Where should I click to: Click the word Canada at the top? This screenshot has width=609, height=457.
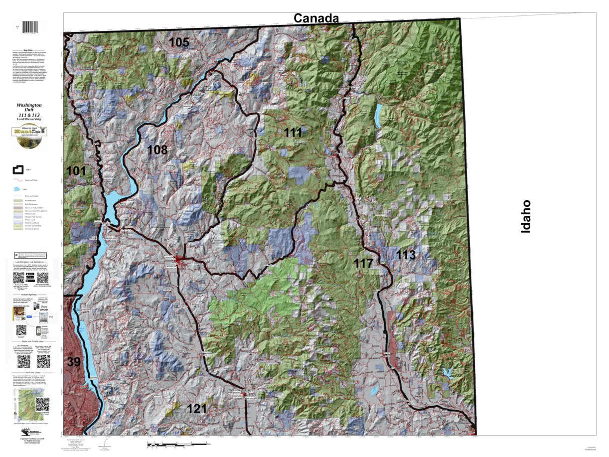tap(316, 18)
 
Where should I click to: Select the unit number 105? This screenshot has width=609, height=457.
tap(179, 42)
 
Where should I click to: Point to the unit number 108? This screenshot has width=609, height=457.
tap(157, 149)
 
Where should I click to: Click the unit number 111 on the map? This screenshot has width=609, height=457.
tap(294, 132)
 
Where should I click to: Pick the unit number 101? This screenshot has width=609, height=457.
tap(76, 171)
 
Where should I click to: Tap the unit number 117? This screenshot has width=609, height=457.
tap(364, 263)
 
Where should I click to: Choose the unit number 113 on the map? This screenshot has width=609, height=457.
tap(406, 255)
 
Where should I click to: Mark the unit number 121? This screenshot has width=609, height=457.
tap(196, 409)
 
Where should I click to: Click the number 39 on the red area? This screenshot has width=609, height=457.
tap(73, 362)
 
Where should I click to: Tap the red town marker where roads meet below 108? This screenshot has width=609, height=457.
tap(178, 258)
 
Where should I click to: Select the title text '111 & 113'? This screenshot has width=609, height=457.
tap(29, 115)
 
